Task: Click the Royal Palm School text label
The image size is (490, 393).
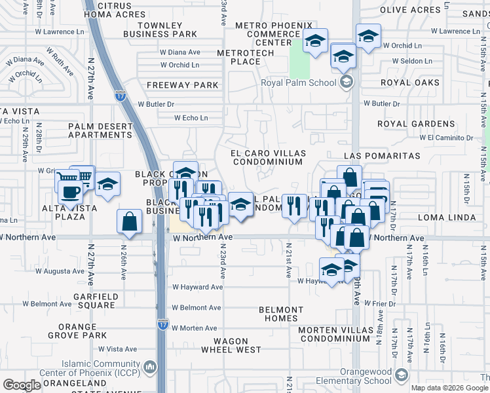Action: point(298,83)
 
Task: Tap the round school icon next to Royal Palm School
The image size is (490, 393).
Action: point(346,82)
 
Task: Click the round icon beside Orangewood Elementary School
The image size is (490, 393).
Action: point(401,375)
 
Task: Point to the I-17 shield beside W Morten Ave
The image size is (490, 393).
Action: point(163,324)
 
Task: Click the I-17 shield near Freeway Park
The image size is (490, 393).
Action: point(120,95)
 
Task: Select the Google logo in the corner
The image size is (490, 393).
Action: point(22,385)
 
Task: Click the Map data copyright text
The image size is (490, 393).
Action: point(449,388)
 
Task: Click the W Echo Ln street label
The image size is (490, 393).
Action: point(191,118)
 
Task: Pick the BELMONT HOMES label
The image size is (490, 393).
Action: point(281,314)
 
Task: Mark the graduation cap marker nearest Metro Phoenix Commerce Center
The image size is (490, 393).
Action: point(315,43)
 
